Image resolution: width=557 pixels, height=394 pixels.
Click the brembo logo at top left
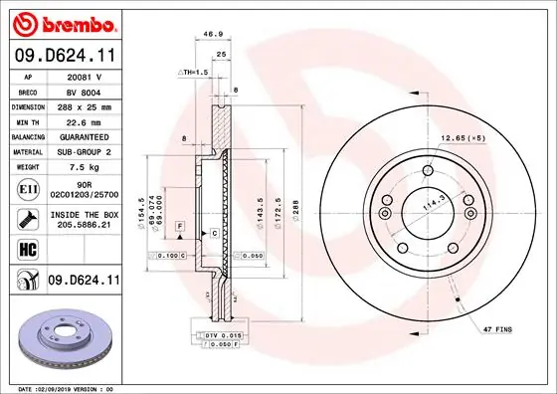point(64,23)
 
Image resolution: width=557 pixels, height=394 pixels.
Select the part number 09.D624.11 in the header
point(64,56)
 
